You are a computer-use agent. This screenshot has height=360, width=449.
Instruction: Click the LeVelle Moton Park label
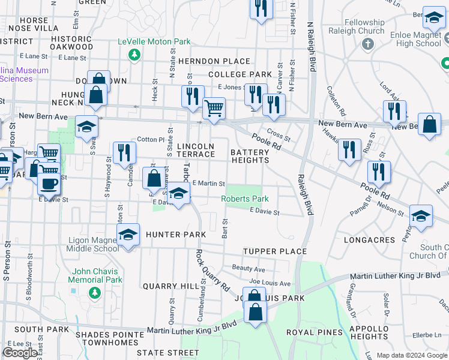pyautogui.click(x=154, y=42)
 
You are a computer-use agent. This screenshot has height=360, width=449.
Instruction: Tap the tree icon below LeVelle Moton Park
pyautogui.click(x=135, y=55)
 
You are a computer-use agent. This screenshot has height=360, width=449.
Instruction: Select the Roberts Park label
pyautogui.click(x=244, y=199)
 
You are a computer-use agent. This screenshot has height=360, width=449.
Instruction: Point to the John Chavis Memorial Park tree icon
pyautogui.click(x=94, y=292)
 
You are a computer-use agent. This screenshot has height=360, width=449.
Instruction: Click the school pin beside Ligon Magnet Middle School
pyautogui.click(x=128, y=235)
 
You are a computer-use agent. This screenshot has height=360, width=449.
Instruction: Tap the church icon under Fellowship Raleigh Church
pyautogui.click(x=368, y=44)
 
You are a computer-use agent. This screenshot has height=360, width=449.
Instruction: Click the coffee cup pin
pyautogui.click(x=49, y=183)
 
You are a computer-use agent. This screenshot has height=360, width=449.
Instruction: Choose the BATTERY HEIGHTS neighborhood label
pyautogui.click(x=250, y=157)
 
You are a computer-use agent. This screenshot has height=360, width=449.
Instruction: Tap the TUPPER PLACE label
pyautogui.click(x=275, y=251)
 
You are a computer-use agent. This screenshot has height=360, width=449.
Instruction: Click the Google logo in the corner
pyautogui.click(x=20, y=352)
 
